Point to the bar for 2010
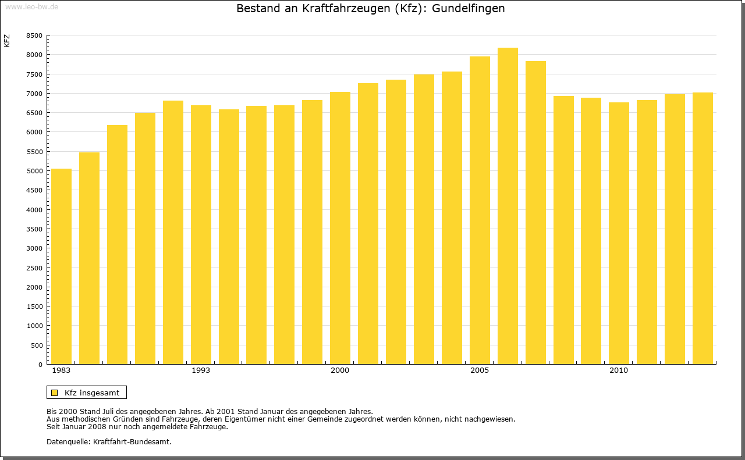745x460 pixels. tap(619, 233)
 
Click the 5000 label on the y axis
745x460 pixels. tap(34, 171)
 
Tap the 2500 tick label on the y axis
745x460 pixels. tap(34, 268)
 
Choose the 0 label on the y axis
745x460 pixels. tap(40, 365)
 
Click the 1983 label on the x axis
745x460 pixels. tap(61, 370)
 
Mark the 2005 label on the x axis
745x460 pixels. tap(480, 370)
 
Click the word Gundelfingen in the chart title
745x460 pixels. tap(468, 9)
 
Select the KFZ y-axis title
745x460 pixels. tap(7, 41)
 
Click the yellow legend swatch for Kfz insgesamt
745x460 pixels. tap(54, 393)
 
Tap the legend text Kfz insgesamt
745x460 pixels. tap(92, 393)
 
